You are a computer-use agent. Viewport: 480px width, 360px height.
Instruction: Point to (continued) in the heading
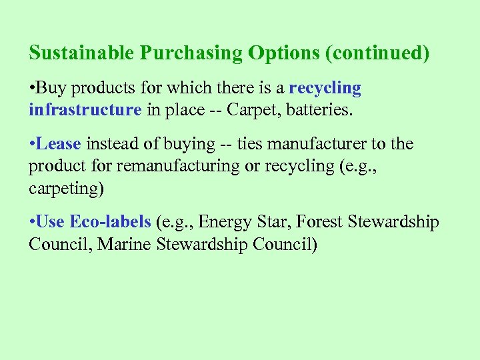pyautogui.click(x=377, y=53)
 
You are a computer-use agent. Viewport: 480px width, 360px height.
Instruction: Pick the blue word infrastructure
pyautogui.click(x=85, y=110)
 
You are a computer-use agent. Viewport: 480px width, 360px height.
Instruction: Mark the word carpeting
pyautogui.click(x=65, y=188)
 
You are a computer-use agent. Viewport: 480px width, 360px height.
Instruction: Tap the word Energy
pyautogui.click(x=225, y=222)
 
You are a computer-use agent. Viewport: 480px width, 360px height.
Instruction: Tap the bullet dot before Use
pyautogui.click(x=31, y=223)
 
